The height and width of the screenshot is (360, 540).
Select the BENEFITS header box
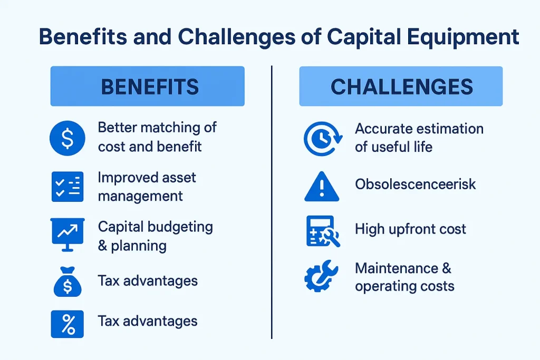point(147,86)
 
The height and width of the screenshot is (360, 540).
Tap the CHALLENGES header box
point(401,86)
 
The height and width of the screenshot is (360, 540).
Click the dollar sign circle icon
point(67,139)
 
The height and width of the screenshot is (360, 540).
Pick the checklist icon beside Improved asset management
point(67,186)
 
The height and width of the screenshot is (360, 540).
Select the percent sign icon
point(67,323)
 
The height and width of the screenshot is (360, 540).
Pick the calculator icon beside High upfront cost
point(322,231)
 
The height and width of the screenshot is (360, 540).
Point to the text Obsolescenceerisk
point(415,184)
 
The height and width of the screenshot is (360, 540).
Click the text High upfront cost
point(410,229)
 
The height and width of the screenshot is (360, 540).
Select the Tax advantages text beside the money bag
point(148,281)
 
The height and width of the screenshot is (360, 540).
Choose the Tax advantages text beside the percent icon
point(148,321)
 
